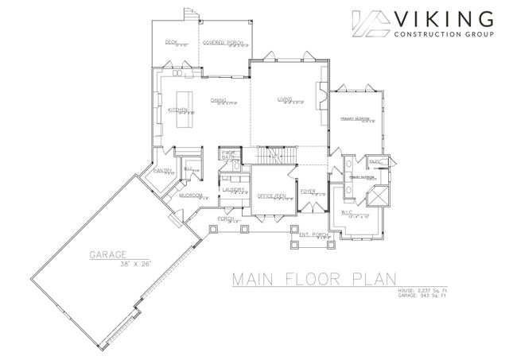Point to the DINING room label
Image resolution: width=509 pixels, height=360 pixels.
pyautogui.click(x=220, y=100)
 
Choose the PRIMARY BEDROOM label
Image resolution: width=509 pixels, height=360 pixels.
pyautogui.click(x=356, y=118)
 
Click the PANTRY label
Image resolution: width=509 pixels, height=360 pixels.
pyautogui.click(x=165, y=170)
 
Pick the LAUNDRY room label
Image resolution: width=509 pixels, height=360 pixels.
pyautogui.click(x=233, y=189)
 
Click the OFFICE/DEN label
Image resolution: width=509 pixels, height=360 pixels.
pyautogui.click(x=273, y=195)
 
